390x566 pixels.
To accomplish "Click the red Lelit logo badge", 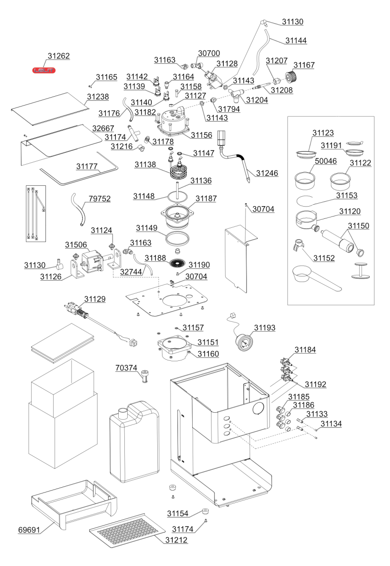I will (x=44, y=70).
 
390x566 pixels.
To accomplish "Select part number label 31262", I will (x=58, y=56).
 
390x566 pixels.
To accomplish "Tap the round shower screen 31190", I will (x=178, y=263).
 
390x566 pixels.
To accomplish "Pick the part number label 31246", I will (x=267, y=174).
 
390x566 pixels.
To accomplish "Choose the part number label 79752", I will (x=99, y=199).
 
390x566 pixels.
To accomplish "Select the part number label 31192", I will (x=315, y=384).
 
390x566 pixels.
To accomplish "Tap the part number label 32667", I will (x=103, y=128).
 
